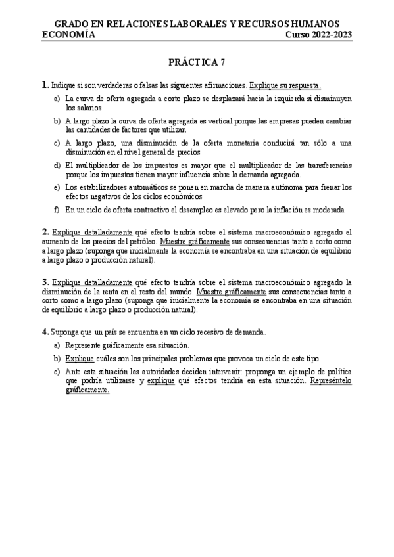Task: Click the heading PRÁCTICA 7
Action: (x=197, y=62)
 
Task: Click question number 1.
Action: (x=45, y=85)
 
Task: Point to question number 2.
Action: (x=45, y=231)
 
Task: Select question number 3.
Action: (x=45, y=282)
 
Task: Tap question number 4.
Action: (x=45, y=332)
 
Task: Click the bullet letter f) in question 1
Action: (x=57, y=210)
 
